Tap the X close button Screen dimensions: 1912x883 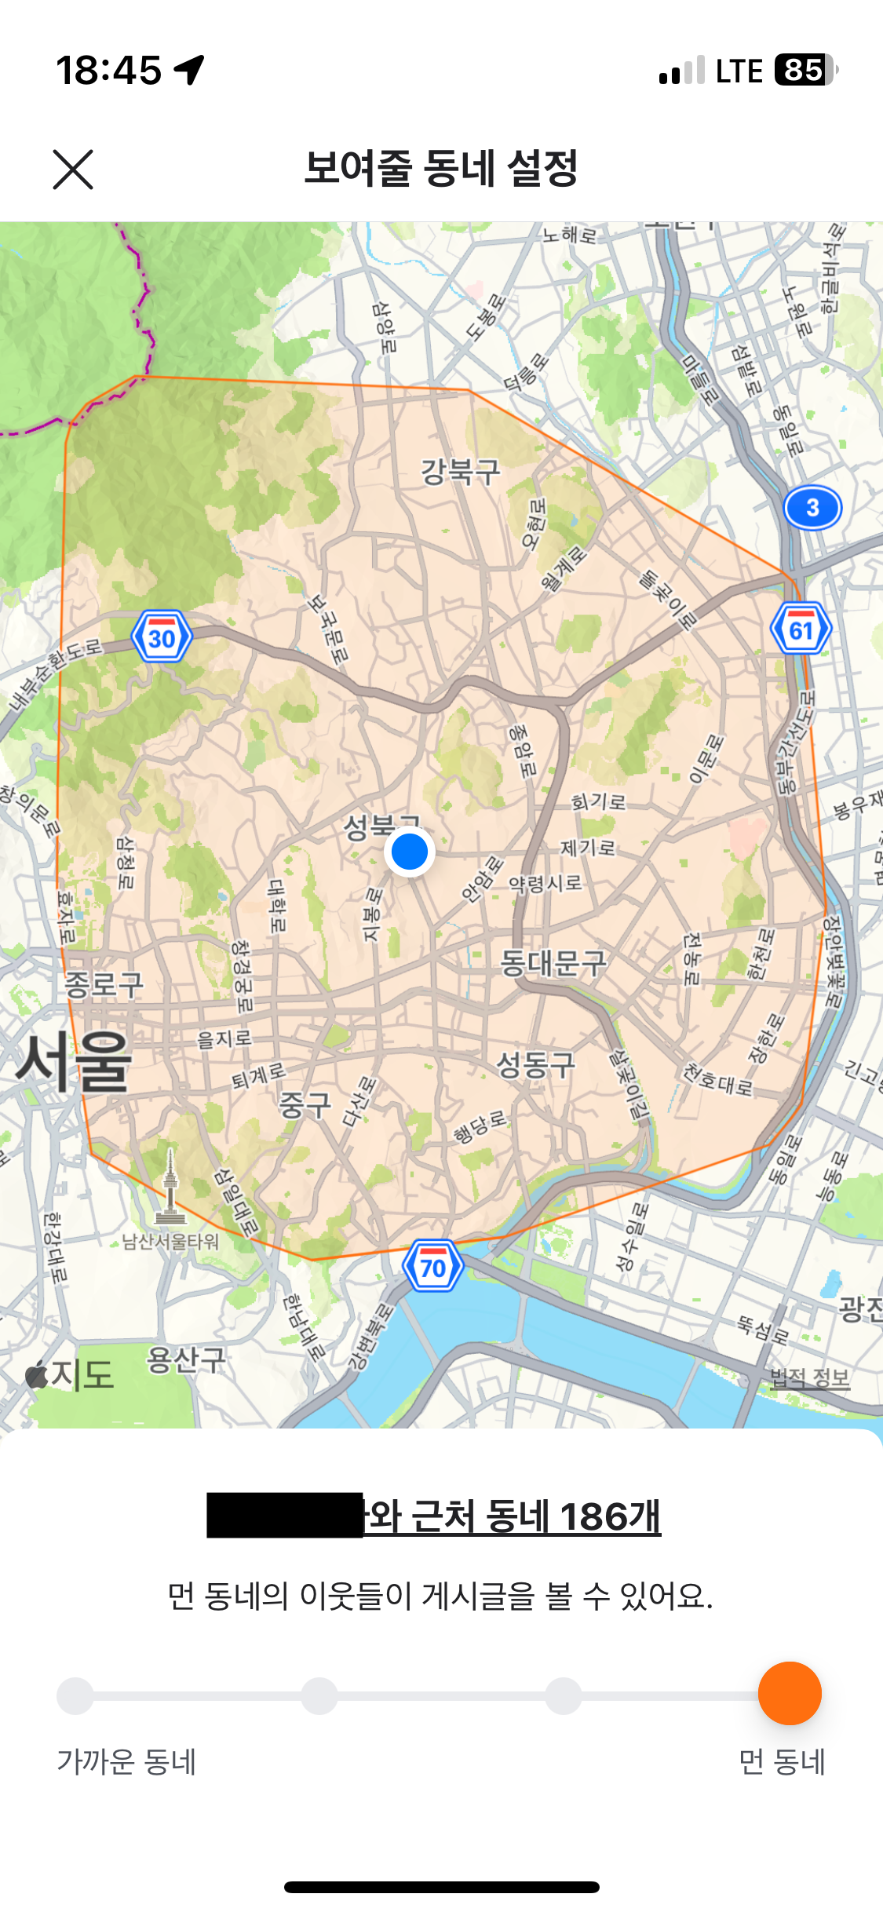pyautogui.click(x=73, y=170)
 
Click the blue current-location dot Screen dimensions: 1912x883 pyautogui.click(x=409, y=852)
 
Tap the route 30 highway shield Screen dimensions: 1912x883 pyautogui.click(x=162, y=637)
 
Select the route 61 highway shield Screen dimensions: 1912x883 pyautogui.click(x=801, y=629)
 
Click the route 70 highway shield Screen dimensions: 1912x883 pyautogui.click(x=432, y=1267)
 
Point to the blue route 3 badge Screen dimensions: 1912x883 pyautogui.click(x=812, y=508)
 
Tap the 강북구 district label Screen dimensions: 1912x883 pyautogui.click(x=460, y=472)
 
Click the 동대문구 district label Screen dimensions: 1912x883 pyautogui.click(x=553, y=962)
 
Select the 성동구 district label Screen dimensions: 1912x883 pyautogui.click(x=536, y=1065)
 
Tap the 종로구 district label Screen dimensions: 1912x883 pyautogui.click(x=104, y=984)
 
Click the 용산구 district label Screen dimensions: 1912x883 pyautogui.click(x=186, y=1359)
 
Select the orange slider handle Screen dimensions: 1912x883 pyautogui.click(x=790, y=1693)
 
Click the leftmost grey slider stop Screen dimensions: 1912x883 pyautogui.click(x=75, y=1696)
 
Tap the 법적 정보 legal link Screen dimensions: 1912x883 pyautogui.click(x=810, y=1378)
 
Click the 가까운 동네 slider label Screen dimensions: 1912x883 pyautogui.click(x=126, y=1762)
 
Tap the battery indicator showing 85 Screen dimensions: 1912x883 pyautogui.click(x=805, y=70)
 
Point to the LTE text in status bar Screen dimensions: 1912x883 pyautogui.click(x=739, y=71)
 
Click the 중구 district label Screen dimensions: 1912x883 pyautogui.click(x=305, y=1105)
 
